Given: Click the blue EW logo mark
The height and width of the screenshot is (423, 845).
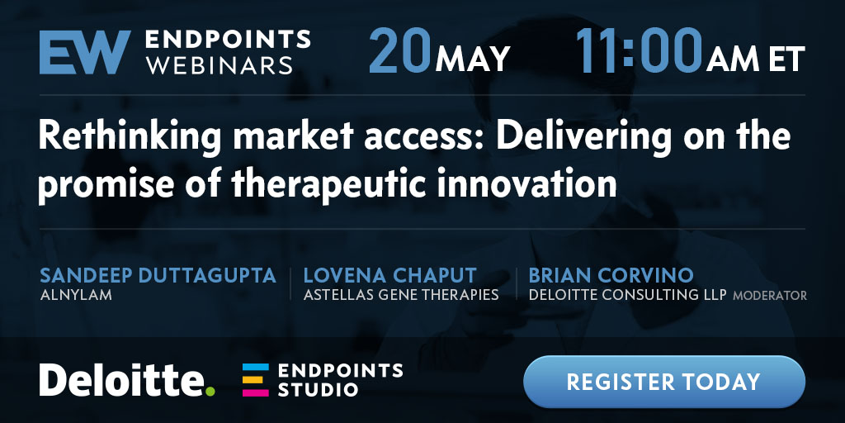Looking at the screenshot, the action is [x=85, y=52].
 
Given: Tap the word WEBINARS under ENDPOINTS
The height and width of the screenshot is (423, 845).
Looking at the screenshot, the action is [x=220, y=65].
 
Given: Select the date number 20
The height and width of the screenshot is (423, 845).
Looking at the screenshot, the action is [x=399, y=52].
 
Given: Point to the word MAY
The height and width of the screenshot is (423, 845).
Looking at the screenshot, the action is [x=473, y=59].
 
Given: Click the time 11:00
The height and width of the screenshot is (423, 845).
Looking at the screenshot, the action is [x=640, y=51].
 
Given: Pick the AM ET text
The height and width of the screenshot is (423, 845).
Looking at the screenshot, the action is [x=756, y=59].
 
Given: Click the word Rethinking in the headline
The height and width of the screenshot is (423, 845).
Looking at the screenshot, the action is [x=130, y=137].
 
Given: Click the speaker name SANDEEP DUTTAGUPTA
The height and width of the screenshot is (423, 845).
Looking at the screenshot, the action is [x=158, y=276].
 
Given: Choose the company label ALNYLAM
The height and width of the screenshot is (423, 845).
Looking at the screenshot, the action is [x=76, y=295].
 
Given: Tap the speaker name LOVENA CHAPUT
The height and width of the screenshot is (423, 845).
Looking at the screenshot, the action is [x=389, y=276].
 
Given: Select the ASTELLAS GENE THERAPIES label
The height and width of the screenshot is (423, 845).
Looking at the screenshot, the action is [x=401, y=295].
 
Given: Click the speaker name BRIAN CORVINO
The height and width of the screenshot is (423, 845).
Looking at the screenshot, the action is [x=611, y=276].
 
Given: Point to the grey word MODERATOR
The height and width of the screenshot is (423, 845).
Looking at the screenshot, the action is [x=770, y=296].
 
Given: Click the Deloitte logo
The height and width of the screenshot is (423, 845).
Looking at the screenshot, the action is [x=126, y=380].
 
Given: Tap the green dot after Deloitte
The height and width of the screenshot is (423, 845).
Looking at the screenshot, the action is [x=210, y=391].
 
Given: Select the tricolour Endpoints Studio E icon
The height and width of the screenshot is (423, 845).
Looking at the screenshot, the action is [x=255, y=380].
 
